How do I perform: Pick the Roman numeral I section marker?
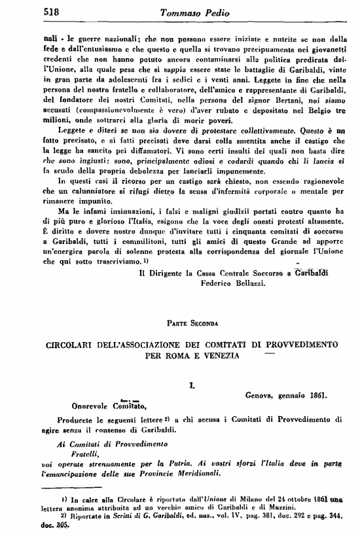tap(191, 387)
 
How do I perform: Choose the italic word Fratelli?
tap(68, 452)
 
